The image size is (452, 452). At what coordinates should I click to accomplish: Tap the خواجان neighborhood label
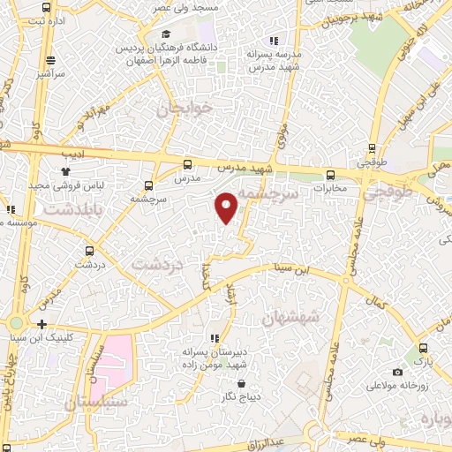(x=185, y=109)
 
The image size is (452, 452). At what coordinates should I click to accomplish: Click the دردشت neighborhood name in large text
(x=156, y=263)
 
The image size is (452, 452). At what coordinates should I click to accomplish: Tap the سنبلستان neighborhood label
(x=96, y=402)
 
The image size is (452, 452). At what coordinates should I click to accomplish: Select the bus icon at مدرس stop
(x=186, y=164)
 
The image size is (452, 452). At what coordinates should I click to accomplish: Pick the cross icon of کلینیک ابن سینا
(x=43, y=324)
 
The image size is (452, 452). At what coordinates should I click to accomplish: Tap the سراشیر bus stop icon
(x=51, y=60)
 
